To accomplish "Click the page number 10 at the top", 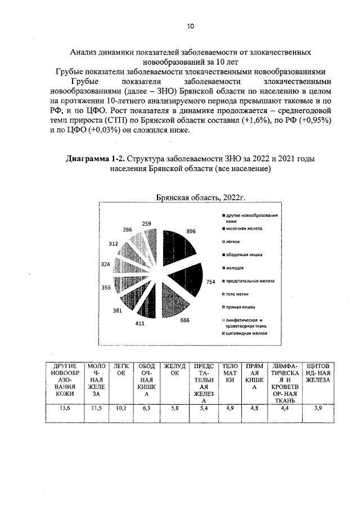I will (x=190, y=26).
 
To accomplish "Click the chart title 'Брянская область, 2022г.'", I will (x=201, y=196).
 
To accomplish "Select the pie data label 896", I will (x=191, y=231).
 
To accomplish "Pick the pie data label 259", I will (x=147, y=223).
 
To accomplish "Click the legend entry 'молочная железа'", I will (x=245, y=229).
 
